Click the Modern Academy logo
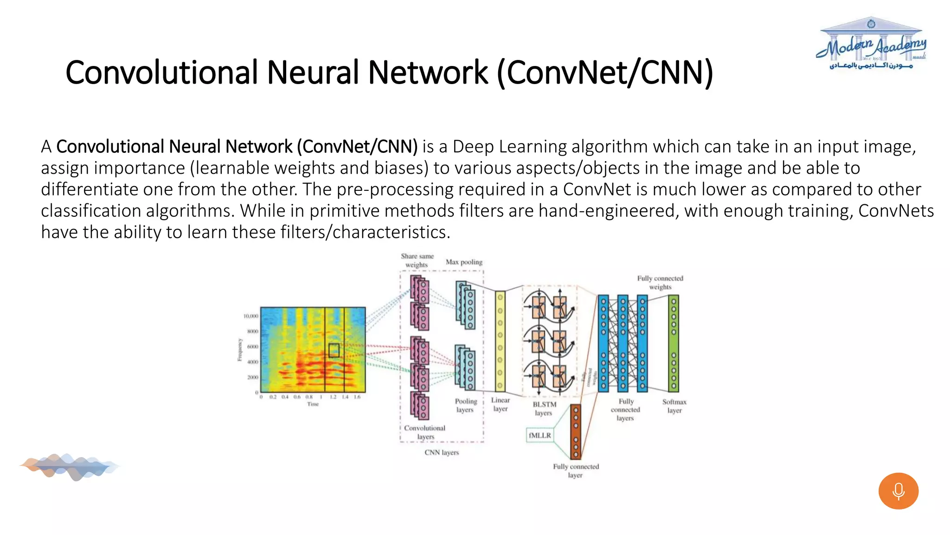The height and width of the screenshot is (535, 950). pyautogui.click(x=871, y=45)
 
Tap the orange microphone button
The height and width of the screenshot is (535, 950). pyautogui.click(x=898, y=491)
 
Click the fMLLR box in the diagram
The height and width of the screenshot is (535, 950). pyautogui.click(x=540, y=435)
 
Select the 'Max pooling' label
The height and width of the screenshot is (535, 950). pyautogui.click(x=464, y=262)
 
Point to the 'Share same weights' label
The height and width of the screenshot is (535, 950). pyautogui.click(x=417, y=261)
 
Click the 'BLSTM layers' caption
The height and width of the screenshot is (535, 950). pyautogui.click(x=544, y=408)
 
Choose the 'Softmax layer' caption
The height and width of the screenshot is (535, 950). pyautogui.click(x=674, y=406)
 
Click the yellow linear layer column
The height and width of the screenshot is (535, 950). pyautogui.click(x=500, y=341)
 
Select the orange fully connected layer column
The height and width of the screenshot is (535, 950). pyautogui.click(x=576, y=431)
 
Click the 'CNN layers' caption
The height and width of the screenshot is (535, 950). pyautogui.click(x=442, y=452)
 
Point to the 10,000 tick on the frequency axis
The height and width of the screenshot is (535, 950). pyautogui.click(x=251, y=316)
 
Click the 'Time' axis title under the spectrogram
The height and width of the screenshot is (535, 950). pyautogui.click(x=313, y=404)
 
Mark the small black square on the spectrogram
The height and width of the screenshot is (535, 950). pyautogui.click(x=334, y=350)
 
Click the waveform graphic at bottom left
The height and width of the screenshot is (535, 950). pyautogui.click(x=70, y=466)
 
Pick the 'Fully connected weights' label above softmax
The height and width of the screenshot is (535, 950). pyautogui.click(x=660, y=282)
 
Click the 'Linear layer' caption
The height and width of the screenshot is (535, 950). pyautogui.click(x=500, y=404)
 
